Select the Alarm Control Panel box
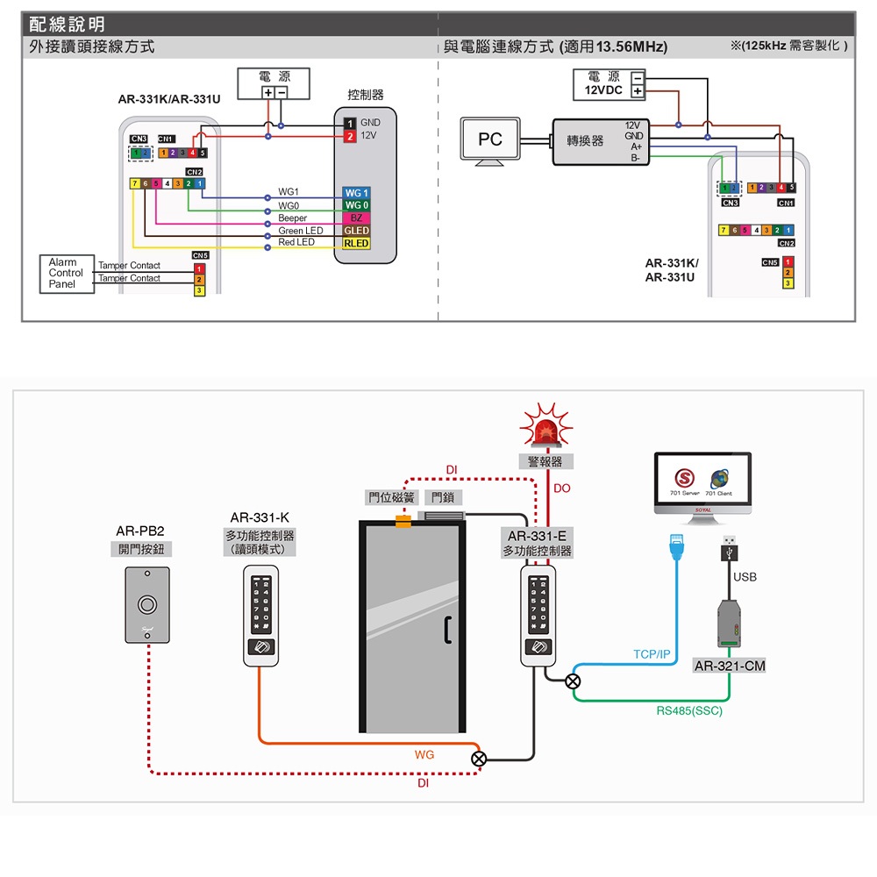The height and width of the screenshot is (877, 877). [x=67, y=274]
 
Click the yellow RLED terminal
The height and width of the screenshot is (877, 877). [x=356, y=243]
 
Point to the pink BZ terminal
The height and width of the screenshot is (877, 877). [x=356, y=217]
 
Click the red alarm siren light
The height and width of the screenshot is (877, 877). [x=545, y=430]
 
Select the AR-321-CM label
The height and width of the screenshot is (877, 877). [x=730, y=667]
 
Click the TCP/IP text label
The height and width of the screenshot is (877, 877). [x=652, y=655]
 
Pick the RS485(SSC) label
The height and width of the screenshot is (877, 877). [x=689, y=711]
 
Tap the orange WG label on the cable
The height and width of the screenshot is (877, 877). [x=424, y=754]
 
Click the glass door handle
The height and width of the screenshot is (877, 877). [x=448, y=630]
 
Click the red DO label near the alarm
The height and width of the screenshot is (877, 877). [x=562, y=488]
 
